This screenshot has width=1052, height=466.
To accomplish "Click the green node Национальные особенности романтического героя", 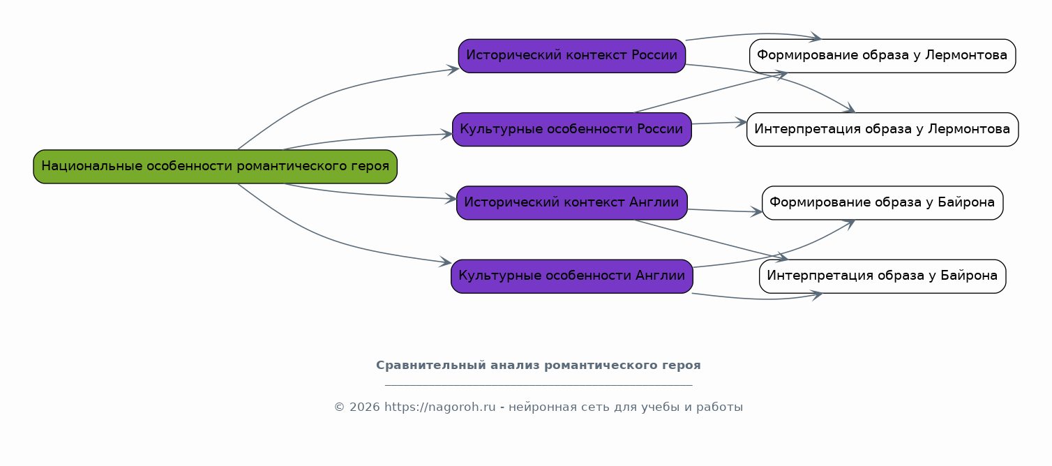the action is [x=215, y=166].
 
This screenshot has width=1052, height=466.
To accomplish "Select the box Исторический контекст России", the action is [x=571, y=55].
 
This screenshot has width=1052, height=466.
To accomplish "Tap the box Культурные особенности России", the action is [x=571, y=129].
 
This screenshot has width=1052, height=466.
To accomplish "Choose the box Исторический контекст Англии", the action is [x=571, y=202].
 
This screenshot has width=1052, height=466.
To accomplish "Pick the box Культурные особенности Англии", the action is [x=571, y=276].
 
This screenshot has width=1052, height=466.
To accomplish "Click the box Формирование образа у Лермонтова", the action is [x=882, y=55].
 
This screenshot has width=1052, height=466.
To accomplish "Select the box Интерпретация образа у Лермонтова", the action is [x=882, y=129].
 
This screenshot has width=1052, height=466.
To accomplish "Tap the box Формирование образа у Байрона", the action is [x=882, y=202].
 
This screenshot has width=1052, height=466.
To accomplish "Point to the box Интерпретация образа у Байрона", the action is [x=882, y=276].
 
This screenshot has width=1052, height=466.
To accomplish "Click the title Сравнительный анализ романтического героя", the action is [x=539, y=366].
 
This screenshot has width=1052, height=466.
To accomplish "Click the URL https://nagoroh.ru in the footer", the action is [x=440, y=407].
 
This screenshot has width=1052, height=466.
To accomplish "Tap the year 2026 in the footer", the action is [x=364, y=407].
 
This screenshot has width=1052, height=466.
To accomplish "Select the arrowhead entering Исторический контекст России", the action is [x=453, y=70].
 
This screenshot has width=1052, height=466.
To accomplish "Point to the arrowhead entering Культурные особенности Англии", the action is [x=445, y=262].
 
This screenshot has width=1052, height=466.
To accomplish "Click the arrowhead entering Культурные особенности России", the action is [x=446, y=135].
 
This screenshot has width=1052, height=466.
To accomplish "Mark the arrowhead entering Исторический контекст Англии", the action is [x=451, y=199].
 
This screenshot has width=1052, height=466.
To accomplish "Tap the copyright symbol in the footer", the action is [x=339, y=407].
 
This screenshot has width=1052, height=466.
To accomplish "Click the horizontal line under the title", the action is [x=539, y=385].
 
